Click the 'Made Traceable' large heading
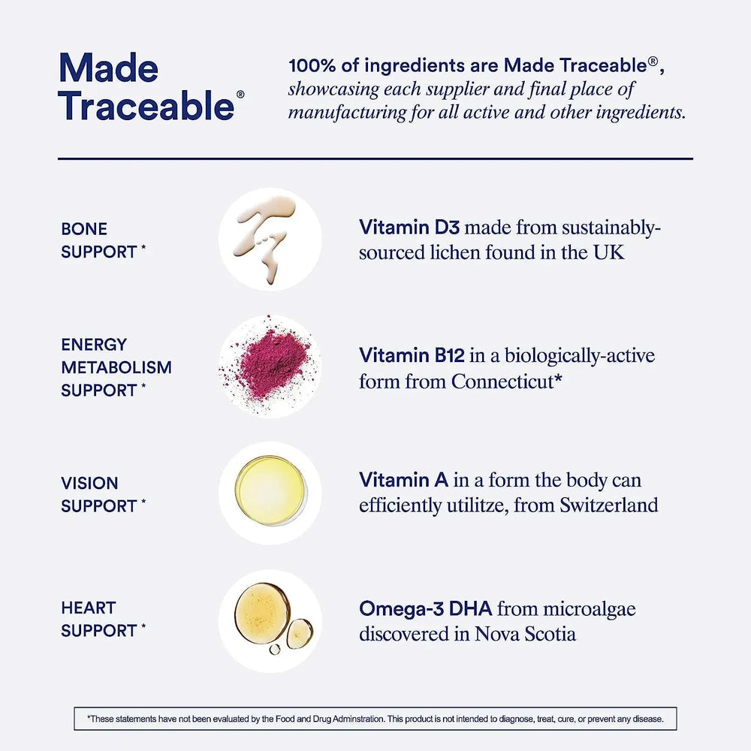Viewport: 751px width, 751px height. click(147, 86)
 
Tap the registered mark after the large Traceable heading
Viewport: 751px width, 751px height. click(240, 95)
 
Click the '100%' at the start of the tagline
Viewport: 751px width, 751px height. click(312, 65)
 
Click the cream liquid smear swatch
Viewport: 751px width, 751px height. click(264, 237)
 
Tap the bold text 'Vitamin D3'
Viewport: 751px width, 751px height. click(409, 227)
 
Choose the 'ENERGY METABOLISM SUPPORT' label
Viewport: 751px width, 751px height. click(116, 367)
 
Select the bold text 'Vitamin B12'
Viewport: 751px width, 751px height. click(412, 355)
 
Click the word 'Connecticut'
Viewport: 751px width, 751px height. click(502, 382)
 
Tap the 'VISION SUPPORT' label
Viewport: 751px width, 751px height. click(103, 494)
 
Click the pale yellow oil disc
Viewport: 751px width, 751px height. click(270, 490)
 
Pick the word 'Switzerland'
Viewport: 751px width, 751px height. click(609, 505)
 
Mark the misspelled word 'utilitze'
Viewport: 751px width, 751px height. click(478, 505)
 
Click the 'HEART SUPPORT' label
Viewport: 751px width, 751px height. click(103, 619)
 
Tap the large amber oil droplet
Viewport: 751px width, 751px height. click(262, 613)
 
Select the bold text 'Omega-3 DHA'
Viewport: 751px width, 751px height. click(425, 609)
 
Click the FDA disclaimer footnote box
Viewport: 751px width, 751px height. click(375, 719)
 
